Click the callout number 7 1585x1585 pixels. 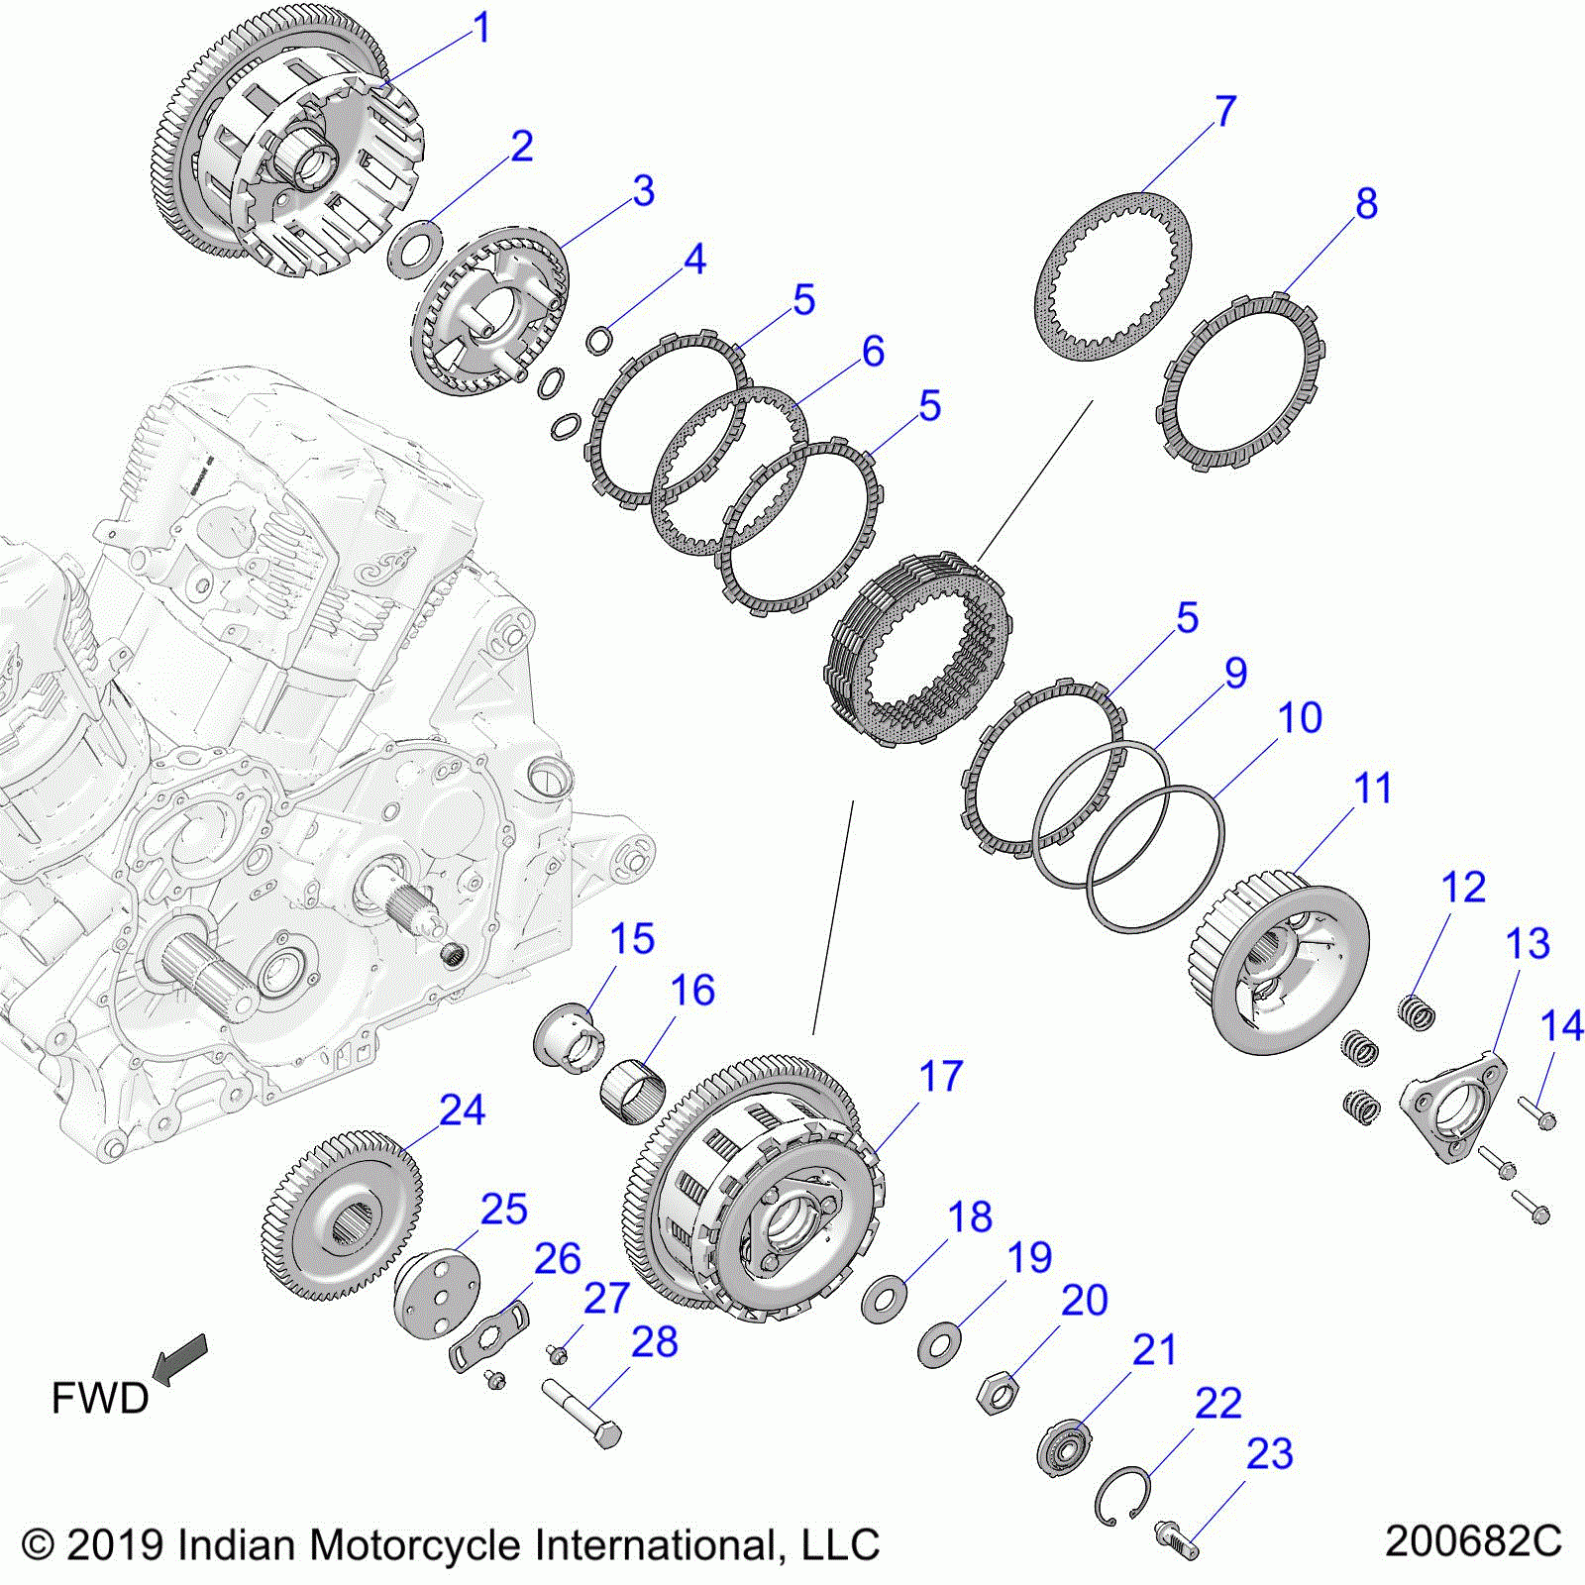point(1225,111)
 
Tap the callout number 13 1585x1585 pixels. point(1527,944)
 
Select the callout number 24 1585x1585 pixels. point(462,1110)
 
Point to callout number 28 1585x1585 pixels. point(654,1342)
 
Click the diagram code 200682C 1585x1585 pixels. point(1472,1541)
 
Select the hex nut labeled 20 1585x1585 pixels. point(997,1394)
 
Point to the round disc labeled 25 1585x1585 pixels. point(437,1292)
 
